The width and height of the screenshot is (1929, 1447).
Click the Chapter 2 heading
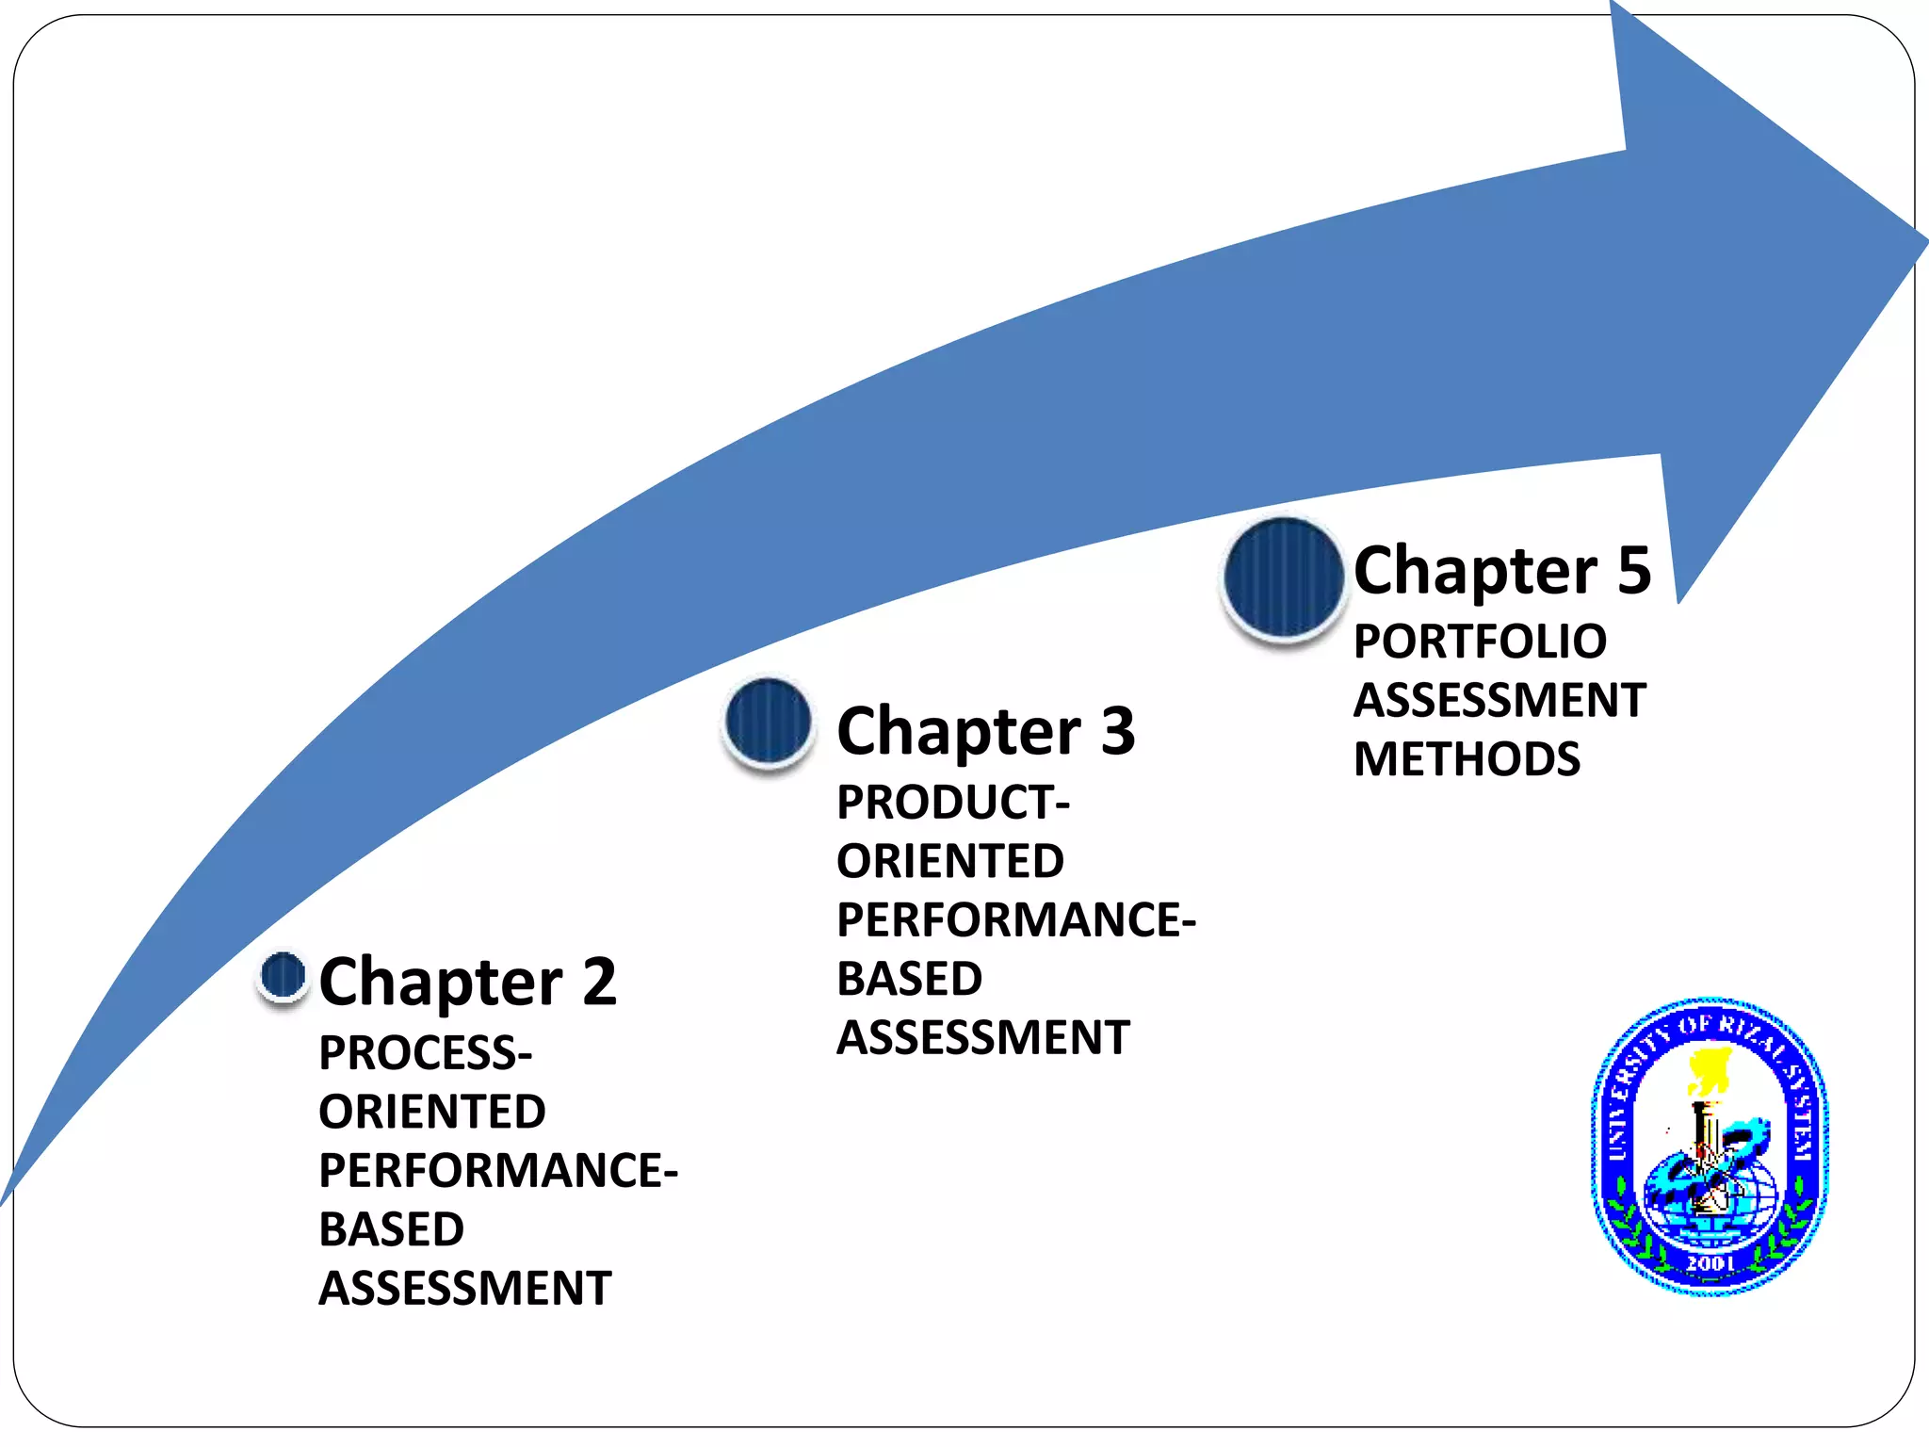click(x=467, y=982)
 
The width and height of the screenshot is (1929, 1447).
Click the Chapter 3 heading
click(x=985, y=731)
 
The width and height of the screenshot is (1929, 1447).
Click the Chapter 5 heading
click(x=1501, y=571)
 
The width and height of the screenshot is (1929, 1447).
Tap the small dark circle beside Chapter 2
click(x=283, y=975)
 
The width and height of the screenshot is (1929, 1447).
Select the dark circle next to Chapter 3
click(x=769, y=722)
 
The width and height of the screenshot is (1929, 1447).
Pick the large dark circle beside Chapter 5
click(x=1283, y=577)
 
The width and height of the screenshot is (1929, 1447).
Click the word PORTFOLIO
click(x=1480, y=642)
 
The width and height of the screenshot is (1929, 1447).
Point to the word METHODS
click(x=1467, y=759)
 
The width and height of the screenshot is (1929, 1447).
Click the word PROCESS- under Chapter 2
click(x=426, y=1053)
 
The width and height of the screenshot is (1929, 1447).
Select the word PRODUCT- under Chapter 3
click(x=953, y=803)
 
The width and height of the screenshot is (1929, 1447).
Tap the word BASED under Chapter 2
click(x=392, y=1229)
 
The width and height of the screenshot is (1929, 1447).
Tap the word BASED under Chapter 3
click(x=909, y=979)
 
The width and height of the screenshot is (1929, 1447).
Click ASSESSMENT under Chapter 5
click(x=1499, y=701)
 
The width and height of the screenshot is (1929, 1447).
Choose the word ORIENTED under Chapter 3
click(x=950, y=861)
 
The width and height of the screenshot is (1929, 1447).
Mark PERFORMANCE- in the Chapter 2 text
click(x=498, y=1171)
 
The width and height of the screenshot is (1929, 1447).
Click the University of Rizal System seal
click(x=1710, y=1146)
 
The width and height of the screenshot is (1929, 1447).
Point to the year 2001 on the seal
click(x=1710, y=1262)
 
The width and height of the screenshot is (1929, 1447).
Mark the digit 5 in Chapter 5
click(x=1634, y=570)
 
